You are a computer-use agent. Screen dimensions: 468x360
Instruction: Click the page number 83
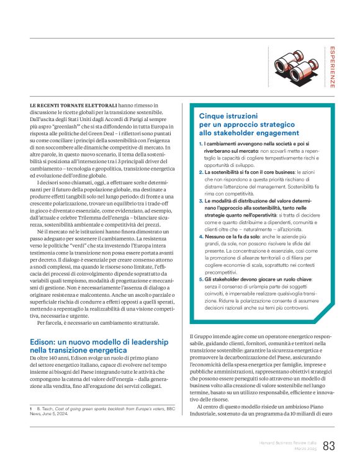click(329, 446)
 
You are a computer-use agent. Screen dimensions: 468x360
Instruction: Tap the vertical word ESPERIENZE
click(333, 68)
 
